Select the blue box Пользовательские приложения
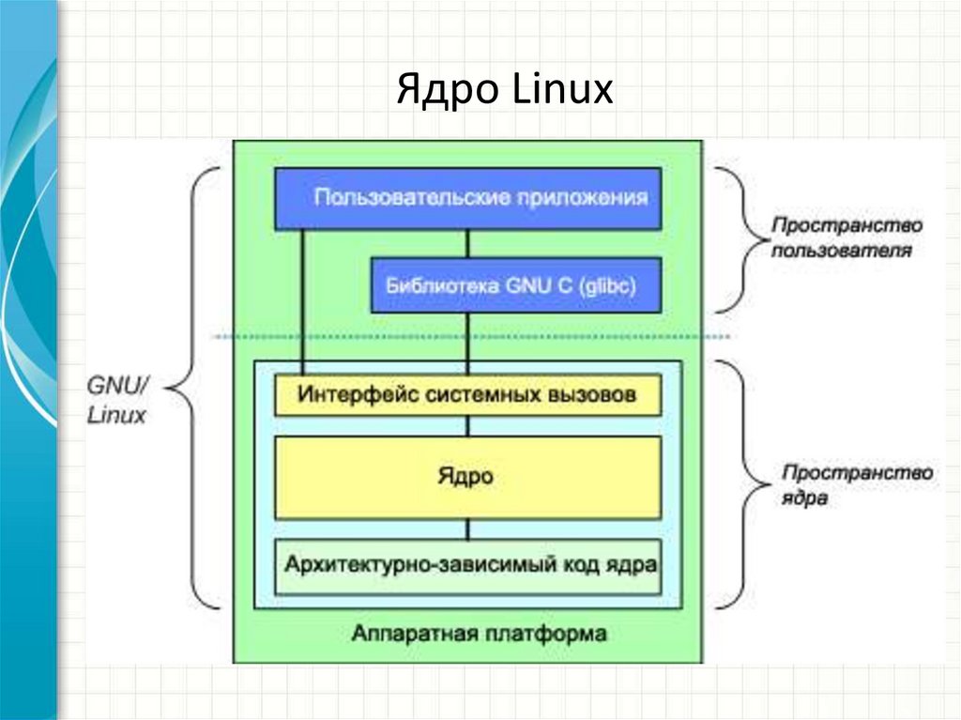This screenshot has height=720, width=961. pyautogui.click(x=467, y=198)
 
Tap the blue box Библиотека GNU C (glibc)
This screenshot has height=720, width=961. pyautogui.click(x=516, y=285)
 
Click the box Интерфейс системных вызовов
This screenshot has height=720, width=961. pyautogui.click(x=467, y=394)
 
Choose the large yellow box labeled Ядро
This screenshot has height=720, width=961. pyautogui.click(x=467, y=477)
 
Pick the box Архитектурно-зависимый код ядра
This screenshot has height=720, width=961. pyautogui.click(x=467, y=566)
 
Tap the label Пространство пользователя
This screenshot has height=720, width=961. pyautogui.click(x=845, y=238)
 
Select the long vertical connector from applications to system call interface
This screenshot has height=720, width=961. pyautogui.click(x=302, y=300)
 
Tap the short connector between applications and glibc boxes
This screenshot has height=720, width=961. pyautogui.click(x=467, y=243)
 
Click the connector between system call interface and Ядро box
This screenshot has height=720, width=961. pyautogui.click(x=467, y=425)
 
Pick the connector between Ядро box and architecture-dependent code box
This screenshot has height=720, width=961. pyautogui.click(x=467, y=529)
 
